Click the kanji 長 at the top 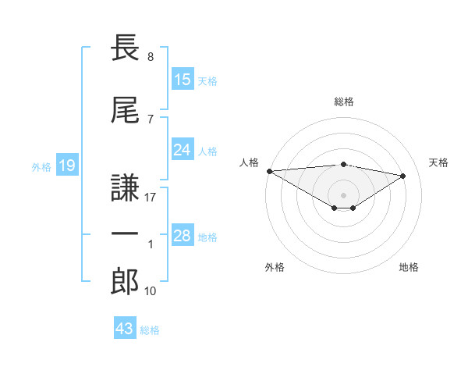(x=125, y=47)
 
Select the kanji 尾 (x=125, y=109)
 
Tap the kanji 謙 (x=125, y=187)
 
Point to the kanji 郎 (x=125, y=281)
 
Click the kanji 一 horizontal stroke (x=125, y=233)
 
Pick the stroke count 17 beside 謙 (x=150, y=198)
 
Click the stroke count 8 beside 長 (x=151, y=57)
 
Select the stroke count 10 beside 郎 (x=150, y=291)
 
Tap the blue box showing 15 (x=183, y=79)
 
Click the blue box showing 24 (x=183, y=149)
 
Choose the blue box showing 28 (x=183, y=234)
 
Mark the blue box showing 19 (x=67, y=165)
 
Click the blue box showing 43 (x=125, y=327)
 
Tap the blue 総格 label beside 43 (x=150, y=330)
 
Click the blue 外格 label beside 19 (x=41, y=167)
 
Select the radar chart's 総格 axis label (x=344, y=102)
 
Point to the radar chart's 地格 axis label (x=409, y=267)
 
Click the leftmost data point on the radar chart (x=270, y=171)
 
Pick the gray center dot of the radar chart (x=343, y=195)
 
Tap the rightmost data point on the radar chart (x=403, y=176)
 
